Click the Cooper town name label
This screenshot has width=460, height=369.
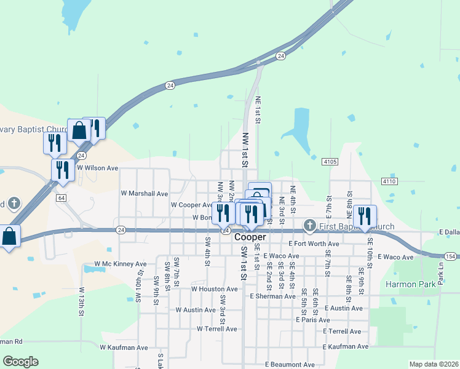[251, 237]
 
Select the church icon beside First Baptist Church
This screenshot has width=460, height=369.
[310, 226]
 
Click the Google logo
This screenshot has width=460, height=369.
[20, 362]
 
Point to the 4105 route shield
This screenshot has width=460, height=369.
[330, 162]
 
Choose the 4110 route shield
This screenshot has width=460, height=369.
[389, 181]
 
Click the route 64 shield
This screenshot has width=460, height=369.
[60, 198]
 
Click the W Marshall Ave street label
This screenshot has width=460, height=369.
[145, 193]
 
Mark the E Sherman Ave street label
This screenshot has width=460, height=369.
[273, 296]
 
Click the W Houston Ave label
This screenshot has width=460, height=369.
[214, 288]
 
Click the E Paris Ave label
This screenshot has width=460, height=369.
[312, 320]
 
